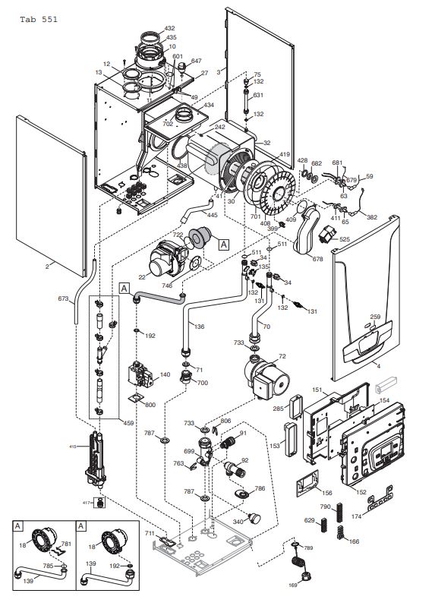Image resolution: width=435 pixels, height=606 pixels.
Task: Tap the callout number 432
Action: [169, 28]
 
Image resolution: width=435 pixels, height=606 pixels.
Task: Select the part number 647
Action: [196, 60]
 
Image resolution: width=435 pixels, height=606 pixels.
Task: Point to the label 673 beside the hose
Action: [63, 298]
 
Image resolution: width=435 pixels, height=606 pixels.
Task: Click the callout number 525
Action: [345, 239]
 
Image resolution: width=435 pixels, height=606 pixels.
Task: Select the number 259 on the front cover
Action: [375, 317]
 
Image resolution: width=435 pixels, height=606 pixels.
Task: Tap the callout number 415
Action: [73, 446]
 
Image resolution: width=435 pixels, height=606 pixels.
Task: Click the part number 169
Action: [292, 585]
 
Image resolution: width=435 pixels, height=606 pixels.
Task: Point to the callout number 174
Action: [377, 516]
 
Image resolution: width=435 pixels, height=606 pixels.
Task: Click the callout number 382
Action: [372, 216]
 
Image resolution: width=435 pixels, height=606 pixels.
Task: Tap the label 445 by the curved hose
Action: [212, 215]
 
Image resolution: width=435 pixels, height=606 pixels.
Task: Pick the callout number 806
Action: [225, 421]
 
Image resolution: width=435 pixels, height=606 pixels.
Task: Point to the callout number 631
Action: [258, 95]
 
